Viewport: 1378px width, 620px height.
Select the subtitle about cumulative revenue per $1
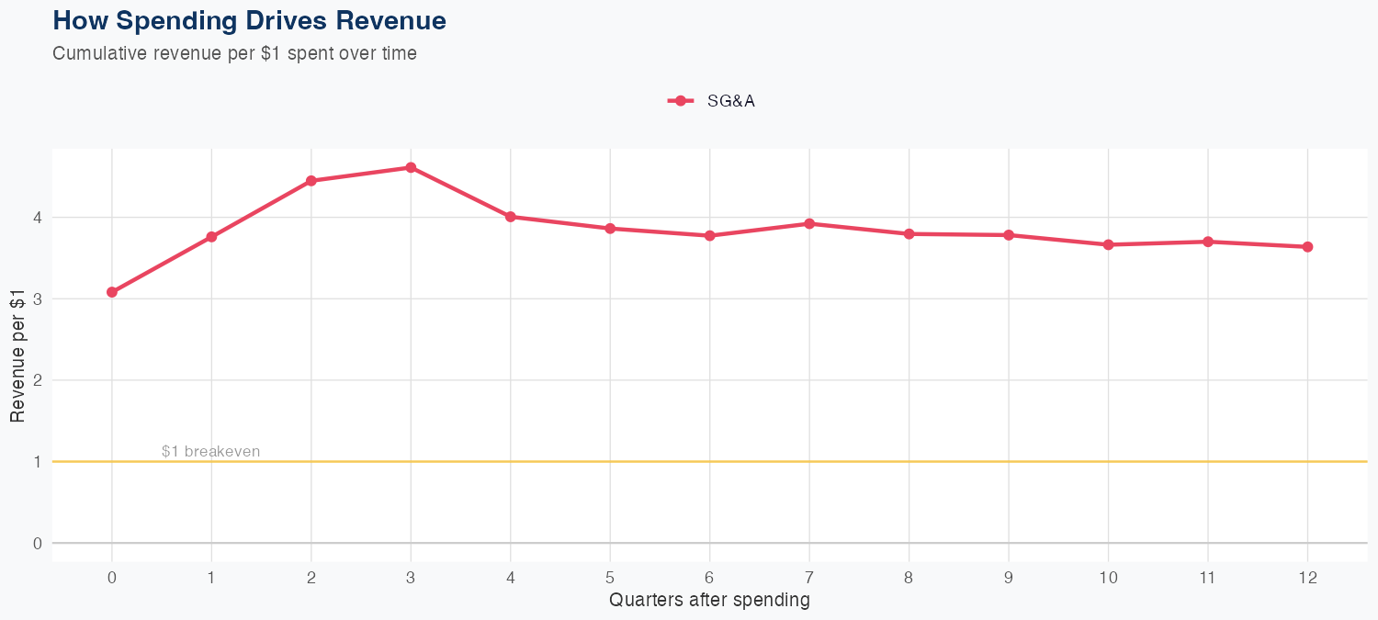click(x=234, y=53)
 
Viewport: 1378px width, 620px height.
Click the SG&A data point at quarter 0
click(x=112, y=292)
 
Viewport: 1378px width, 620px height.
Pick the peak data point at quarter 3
click(x=411, y=167)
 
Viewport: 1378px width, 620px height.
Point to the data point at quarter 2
click(x=311, y=181)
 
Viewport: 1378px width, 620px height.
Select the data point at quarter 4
click(x=511, y=217)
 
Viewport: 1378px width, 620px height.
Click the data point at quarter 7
click(x=809, y=223)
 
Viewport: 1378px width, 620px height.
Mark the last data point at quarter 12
click(x=1307, y=246)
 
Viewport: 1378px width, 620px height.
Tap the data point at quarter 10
click(x=1108, y=244)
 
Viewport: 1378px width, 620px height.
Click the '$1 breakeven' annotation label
click(x=210, y=451)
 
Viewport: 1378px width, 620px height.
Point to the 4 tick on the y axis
click(x=38, y=218)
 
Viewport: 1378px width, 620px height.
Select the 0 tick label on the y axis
click(x=38, y=543)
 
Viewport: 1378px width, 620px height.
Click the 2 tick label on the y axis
click(x=38, y=380)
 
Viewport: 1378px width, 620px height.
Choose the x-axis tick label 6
click(x=709, y=578)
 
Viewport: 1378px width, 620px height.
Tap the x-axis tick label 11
click(x=1207, y=578)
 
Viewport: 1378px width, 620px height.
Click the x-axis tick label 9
click(x=1009, y=578)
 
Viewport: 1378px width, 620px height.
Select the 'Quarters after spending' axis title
click(x=709, y=601)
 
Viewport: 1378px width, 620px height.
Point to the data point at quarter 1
click(x=211, y=237)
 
